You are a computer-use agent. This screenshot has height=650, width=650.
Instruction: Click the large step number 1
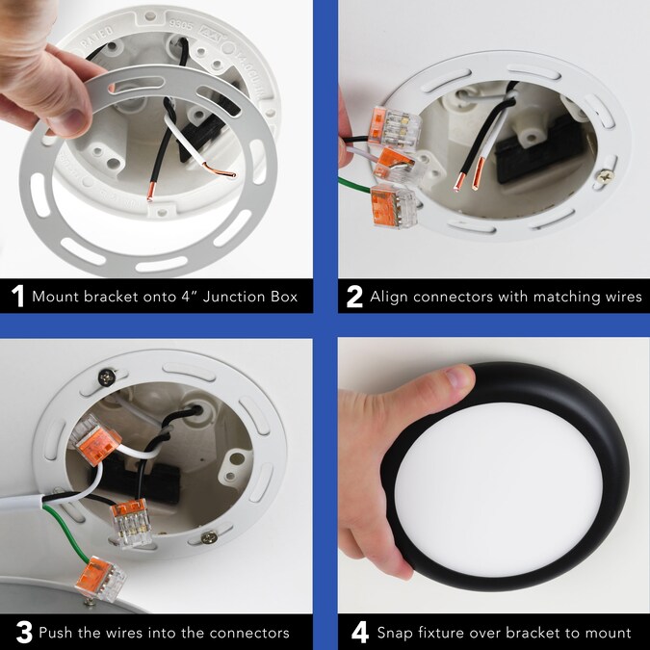[x=17, y=296]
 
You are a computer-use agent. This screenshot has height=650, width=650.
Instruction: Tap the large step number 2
[x=354, y=297]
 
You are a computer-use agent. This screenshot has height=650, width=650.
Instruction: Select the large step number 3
[x=24, y=633]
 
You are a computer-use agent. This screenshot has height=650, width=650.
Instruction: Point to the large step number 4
[x=360, y=633]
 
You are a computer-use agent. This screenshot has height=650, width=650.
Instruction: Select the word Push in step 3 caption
[x=56, y=633]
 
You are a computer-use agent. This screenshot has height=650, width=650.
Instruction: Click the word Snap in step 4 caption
[x=395, y=634]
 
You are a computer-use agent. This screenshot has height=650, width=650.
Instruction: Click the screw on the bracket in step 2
[x=606, y=176]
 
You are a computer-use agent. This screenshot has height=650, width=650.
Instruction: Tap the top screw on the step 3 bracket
[x=107, y=377]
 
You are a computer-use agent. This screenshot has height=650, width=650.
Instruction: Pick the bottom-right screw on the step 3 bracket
[x=209, y=537]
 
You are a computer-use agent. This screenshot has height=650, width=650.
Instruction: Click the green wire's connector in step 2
[x=393, y=206]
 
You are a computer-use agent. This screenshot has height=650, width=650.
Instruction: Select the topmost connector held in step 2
[x=394, y=128]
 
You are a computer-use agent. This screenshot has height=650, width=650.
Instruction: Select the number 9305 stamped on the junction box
[x=181, y=25]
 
